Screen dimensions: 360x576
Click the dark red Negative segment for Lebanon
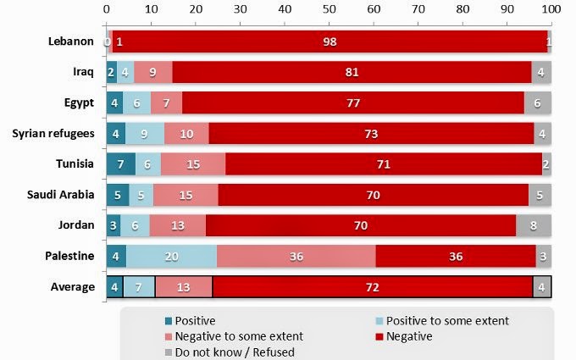click(x=330, y=41)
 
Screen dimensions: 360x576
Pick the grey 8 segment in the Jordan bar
click(x=534, y=224)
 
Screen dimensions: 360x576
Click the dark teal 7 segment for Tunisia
click(x=121, y=163)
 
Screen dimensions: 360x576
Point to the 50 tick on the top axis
click(x=329, y=9)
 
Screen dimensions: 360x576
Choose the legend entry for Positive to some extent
click(x=440, y=321)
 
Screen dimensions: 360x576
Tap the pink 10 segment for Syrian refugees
click(x=186, y=133)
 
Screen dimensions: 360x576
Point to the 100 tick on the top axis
click(x=551, y=9)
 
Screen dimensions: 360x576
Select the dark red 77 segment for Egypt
click(x=352, y=102)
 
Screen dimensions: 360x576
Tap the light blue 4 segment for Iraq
click(x=125, y=72)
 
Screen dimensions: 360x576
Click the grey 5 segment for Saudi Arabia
click(x=540, y=194)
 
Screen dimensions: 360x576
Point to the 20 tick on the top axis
click(x=195, y=9)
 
